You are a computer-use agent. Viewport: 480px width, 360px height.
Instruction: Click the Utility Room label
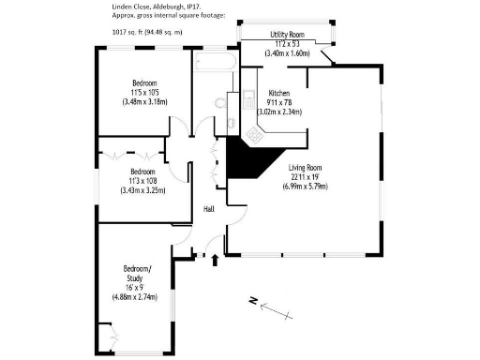(287, 35)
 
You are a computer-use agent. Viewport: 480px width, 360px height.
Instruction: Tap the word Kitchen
(279, 93)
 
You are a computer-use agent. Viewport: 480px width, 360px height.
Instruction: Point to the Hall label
(209, 209)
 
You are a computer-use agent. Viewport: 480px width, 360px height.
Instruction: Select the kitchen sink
(248, 98)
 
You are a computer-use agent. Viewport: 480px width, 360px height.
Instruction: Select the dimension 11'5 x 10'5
(143, 92)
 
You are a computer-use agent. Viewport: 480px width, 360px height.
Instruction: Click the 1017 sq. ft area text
(118, 32)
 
